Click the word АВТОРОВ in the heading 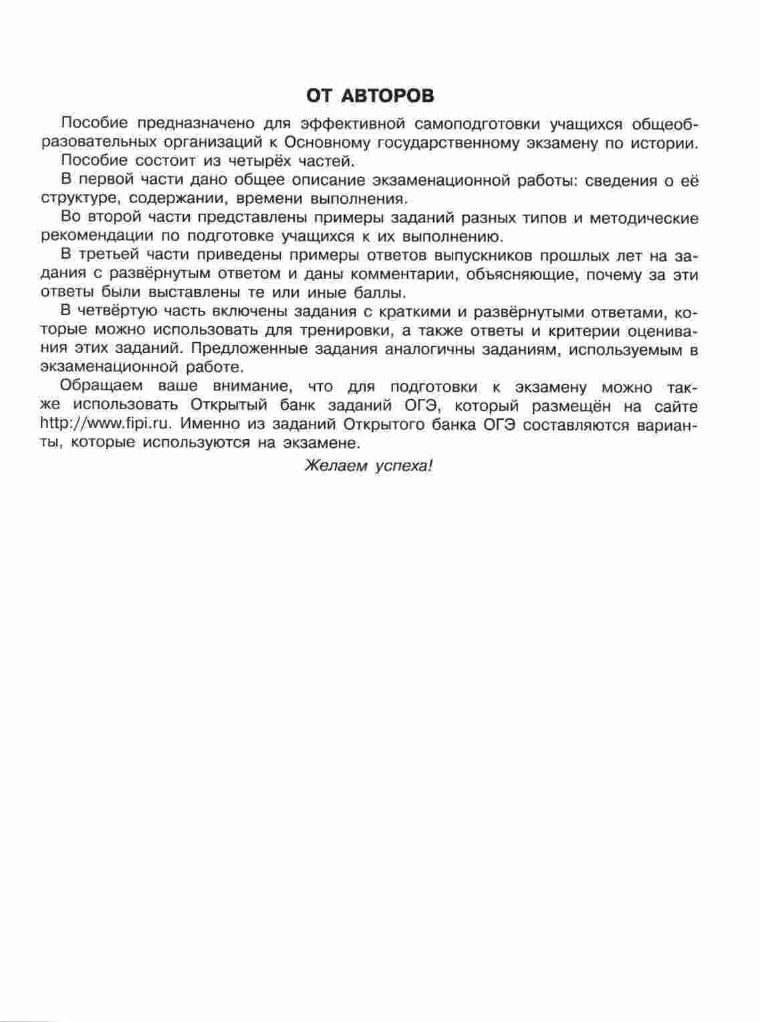tap(388, 96)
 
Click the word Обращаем tap(98, 386)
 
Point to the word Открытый tap(231, 405)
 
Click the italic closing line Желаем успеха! tap(369, 466)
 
